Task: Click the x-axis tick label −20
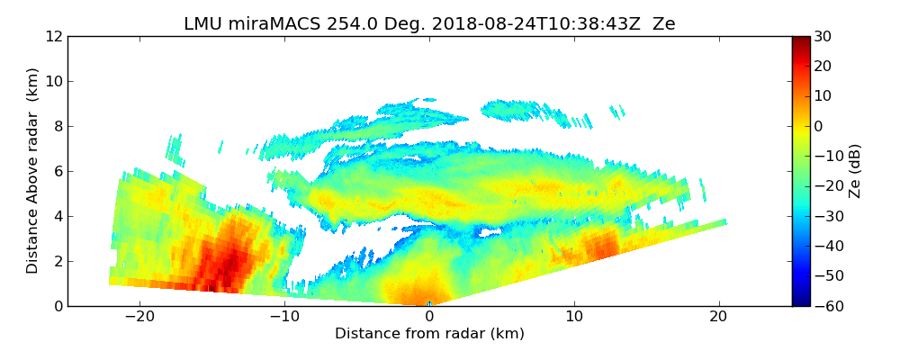point(139,317)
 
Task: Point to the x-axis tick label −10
point(284,317)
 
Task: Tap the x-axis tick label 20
point(718,317)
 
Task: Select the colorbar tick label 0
point(819,127)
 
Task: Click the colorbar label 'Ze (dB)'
point(855,171)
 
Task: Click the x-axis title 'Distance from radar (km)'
point(429,334)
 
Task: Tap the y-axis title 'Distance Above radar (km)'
point(33,171)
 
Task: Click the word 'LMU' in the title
point(203,24)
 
